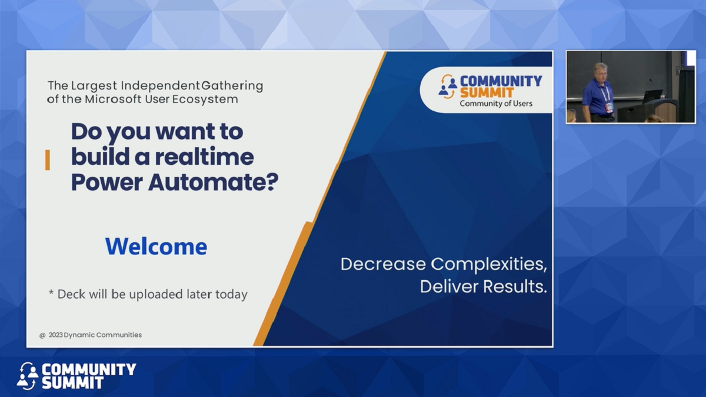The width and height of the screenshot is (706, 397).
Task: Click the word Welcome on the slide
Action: click(156, 246)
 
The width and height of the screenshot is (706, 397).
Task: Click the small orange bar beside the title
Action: click(48, 160)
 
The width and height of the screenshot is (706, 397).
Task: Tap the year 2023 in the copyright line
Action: click(55, 335)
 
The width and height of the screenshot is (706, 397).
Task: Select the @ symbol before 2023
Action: click(42, 335)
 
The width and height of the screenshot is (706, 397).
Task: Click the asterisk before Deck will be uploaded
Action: click(51, 293)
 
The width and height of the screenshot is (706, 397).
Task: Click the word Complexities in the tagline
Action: click(489, 264)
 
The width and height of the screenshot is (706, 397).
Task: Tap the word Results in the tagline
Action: click(515, 287)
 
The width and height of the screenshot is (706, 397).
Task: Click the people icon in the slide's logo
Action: click(448, 87)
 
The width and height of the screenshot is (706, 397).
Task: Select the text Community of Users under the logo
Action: click(495, 104)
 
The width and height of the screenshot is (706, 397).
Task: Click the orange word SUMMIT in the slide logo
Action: click(487, 92)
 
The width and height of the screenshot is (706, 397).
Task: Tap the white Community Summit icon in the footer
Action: click(27, 376)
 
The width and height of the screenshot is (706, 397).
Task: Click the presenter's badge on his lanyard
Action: click(608, 106)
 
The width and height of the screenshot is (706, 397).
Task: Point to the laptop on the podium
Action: click(652, 96)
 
